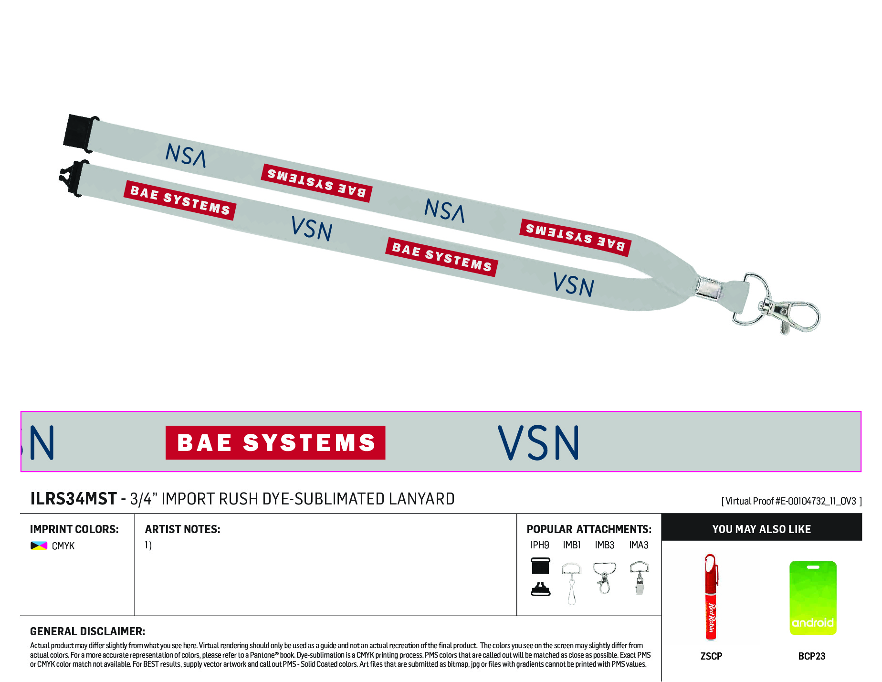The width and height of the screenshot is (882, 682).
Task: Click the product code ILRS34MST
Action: coord(73,499)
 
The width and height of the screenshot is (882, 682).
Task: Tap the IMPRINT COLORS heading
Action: coord(74,529)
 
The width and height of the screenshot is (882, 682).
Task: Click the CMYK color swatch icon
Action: coord(39,546)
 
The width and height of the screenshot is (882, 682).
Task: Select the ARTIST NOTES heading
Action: coord(183,529)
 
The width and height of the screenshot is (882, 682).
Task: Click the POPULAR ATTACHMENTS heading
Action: coord(589,529)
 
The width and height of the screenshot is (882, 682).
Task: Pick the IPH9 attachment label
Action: coord(540,545)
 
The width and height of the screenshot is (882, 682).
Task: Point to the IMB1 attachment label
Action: coord(572,545)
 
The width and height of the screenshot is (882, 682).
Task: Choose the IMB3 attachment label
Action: coord(605,545)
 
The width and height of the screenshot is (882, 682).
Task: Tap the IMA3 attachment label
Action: coord(639,545)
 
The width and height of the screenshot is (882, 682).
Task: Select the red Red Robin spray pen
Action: coord(711,597)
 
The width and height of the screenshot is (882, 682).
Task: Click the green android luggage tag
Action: coord(813,598)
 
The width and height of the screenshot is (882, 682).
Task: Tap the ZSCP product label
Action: coord(711,656)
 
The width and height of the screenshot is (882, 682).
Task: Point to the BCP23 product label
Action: coord(812,656)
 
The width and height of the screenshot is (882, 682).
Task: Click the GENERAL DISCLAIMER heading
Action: coord(88,631)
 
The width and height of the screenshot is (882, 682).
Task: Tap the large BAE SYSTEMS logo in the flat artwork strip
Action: coord(275,442)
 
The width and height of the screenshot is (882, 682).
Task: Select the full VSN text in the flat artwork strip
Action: coord(538,443)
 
